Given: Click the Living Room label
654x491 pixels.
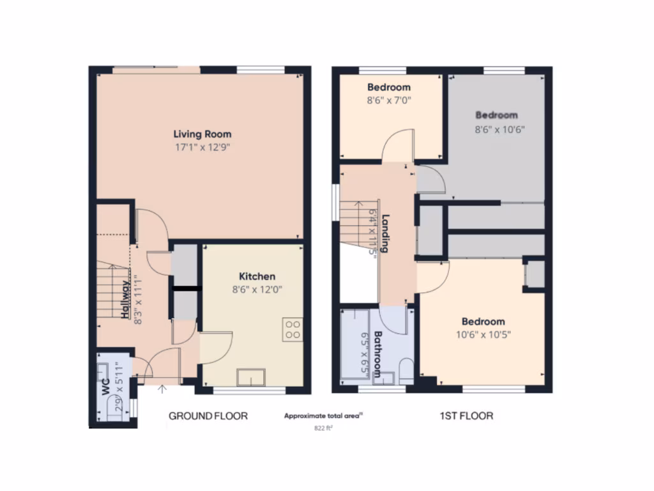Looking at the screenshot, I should coord(202,134).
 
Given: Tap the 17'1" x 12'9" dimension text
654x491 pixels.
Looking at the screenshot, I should coord(202,147).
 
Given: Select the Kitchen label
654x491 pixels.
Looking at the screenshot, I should coord(257,276).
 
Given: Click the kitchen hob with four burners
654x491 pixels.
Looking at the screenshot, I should coord(293,329).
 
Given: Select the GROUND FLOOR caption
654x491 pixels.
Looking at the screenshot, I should coord(208,416).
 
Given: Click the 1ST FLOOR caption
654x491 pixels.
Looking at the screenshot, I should coord(466,416).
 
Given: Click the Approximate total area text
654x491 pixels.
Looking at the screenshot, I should coord(323,416).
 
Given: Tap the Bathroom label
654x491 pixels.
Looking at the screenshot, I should coord(377,354).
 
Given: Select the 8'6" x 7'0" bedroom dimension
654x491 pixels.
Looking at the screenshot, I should coord(388,100).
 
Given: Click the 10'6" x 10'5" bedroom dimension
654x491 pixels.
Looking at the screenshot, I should coord(483,334).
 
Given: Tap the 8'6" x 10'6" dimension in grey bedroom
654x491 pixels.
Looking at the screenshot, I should coord(496,128).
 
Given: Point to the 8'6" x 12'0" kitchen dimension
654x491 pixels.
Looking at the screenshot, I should coord(257,289).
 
